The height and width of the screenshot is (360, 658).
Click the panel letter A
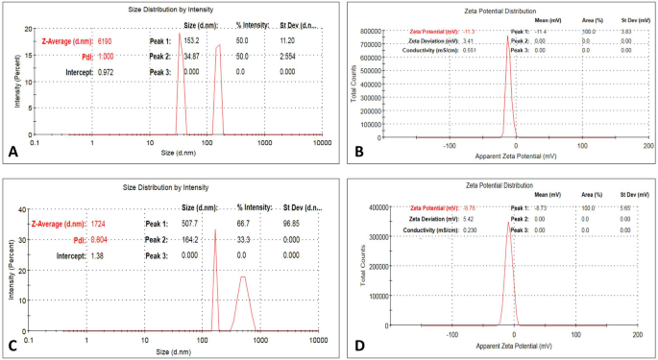[x=12, y=150]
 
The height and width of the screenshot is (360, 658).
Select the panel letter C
[x=12, y=344]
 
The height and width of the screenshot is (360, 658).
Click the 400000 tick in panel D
[x=383, y=206]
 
